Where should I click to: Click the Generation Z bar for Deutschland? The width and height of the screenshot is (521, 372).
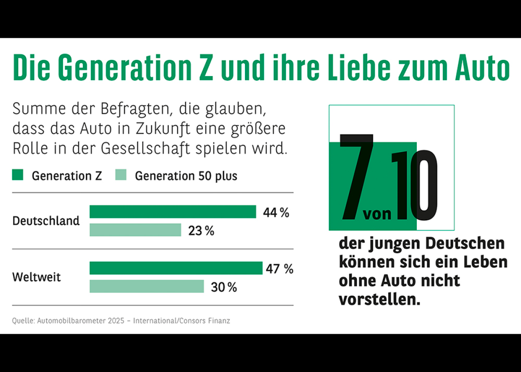coord(173,212)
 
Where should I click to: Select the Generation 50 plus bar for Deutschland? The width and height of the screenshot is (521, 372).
coord(135,230)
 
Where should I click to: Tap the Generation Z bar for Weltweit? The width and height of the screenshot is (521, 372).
coord(176,268)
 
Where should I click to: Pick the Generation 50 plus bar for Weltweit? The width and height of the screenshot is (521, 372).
coord(146,286)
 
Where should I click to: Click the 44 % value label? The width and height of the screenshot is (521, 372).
coord(276,213)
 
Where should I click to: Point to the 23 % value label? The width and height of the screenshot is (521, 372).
coord(201,231)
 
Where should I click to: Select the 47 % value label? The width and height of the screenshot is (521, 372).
coord(279,269)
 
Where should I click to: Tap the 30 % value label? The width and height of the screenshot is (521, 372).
coord(224,287)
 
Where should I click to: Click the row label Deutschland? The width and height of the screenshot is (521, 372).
coord(46,221)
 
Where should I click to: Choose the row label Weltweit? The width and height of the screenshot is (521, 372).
coord(36,277)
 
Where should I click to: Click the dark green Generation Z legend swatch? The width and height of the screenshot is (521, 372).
coord(17,176)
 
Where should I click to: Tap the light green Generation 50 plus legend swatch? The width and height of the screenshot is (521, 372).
coord(121,176)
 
